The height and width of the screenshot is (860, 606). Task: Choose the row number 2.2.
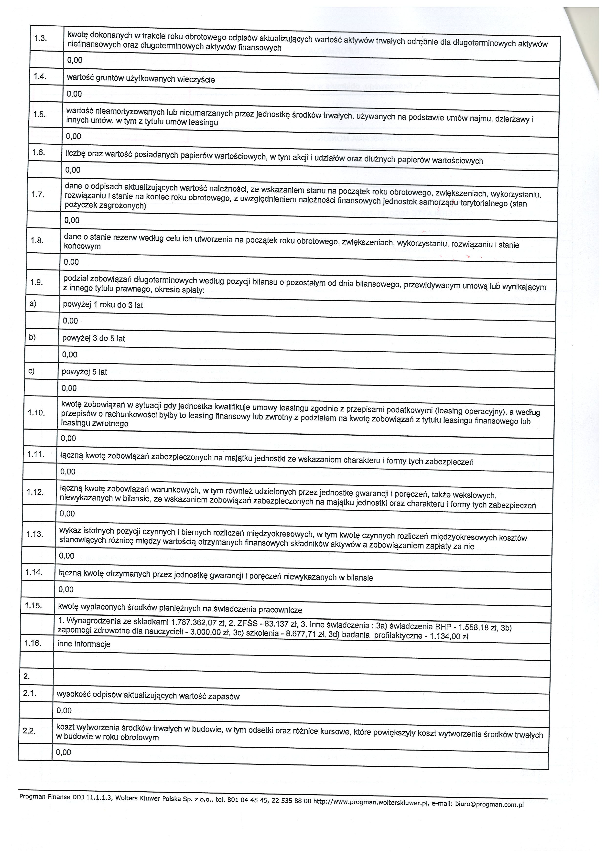29,731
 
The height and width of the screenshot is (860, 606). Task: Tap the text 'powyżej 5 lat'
84,372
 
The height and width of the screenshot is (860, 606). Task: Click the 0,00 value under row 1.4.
74,94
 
